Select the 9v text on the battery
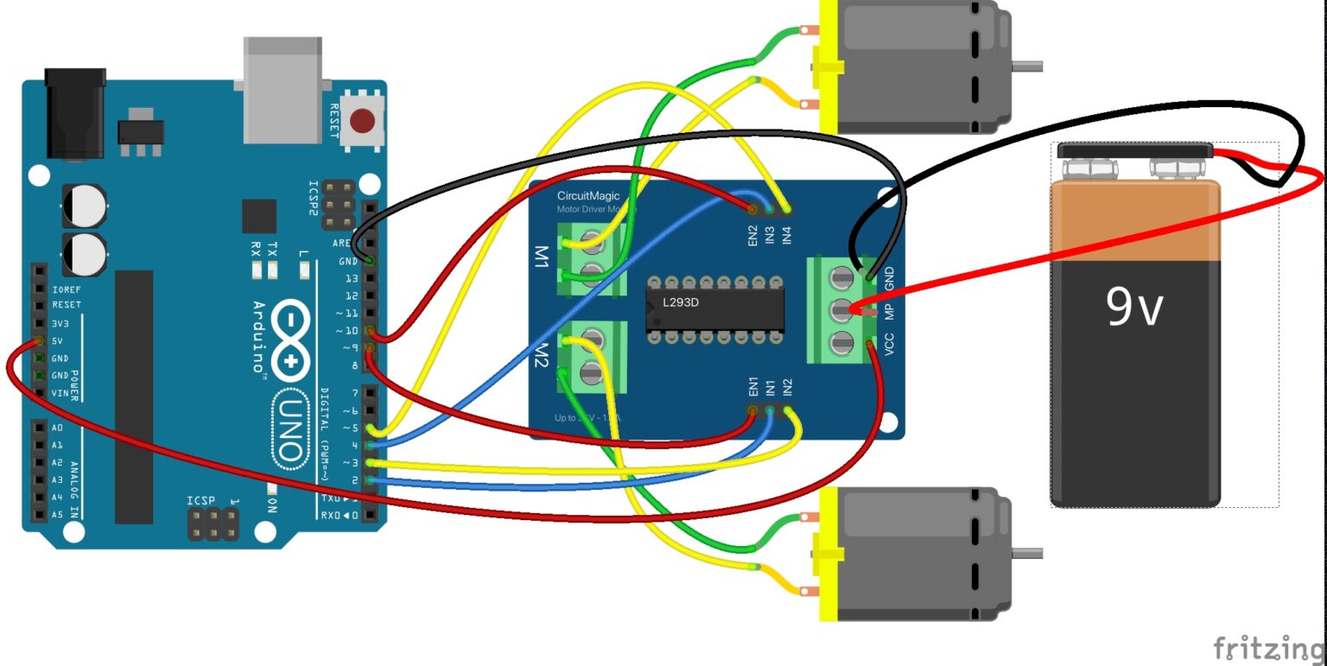click(1135, 307)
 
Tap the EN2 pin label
click(753, 234)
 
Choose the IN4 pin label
click(786, 234)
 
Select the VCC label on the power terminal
click(889, 344)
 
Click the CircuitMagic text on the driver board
click(587, 196)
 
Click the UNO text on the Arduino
click(291, 428)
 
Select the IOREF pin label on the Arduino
click(67, 290)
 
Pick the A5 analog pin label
click(57, 514)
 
